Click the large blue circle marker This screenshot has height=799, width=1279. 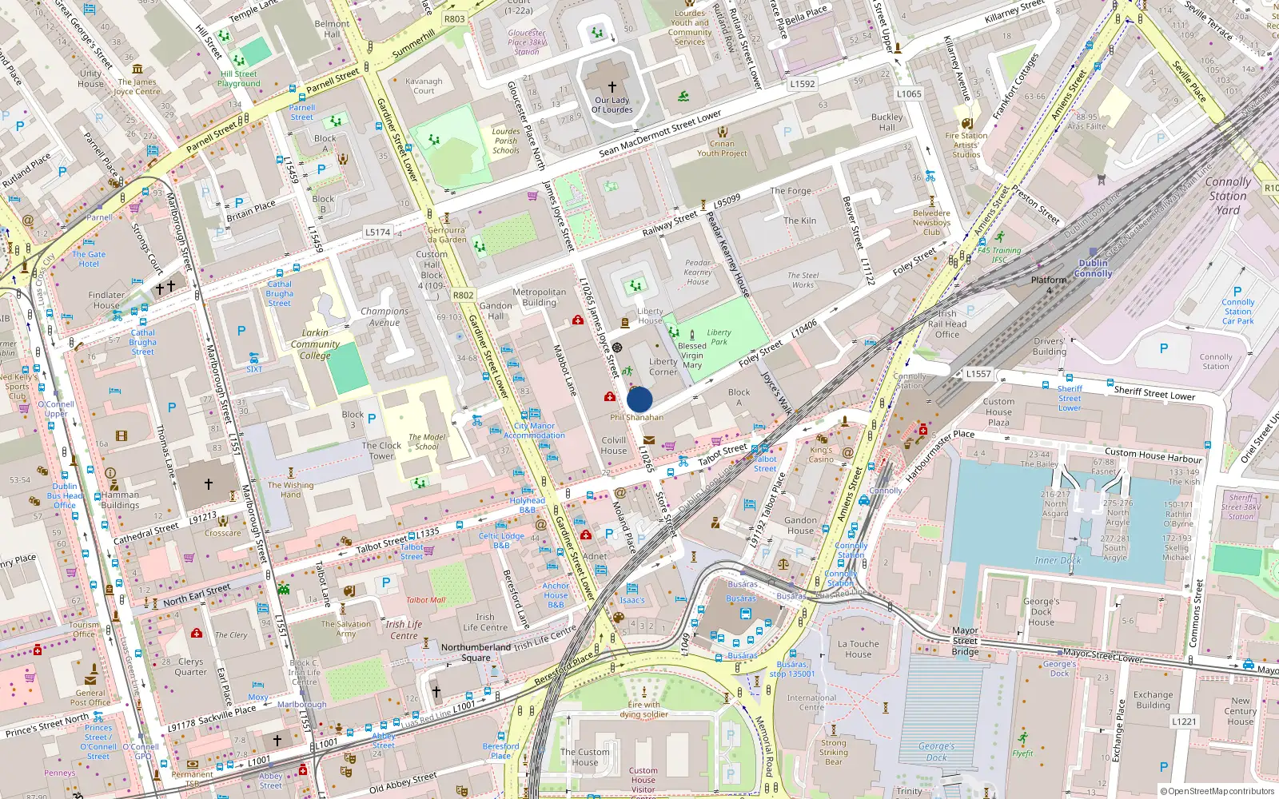pos(639,399)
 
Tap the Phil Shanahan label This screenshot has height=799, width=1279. pos(636,417)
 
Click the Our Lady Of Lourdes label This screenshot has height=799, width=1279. pos(612,105)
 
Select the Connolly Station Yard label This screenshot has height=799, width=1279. pos(1228,196)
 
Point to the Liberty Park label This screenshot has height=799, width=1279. pos(719,337)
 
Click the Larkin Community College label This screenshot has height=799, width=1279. pos(315,344)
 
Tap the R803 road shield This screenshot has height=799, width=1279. pos(454,19)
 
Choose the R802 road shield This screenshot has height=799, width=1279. pos(463,295)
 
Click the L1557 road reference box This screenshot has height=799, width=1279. pos(978,374)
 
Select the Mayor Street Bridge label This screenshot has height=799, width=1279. pos(965,641)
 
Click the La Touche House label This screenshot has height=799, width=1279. pos(859,649)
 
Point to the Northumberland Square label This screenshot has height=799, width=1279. pos(476,652)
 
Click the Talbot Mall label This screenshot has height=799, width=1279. pos(425,600)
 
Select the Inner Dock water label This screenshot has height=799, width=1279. pos(1058,560)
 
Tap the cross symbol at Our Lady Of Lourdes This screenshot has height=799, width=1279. pos(612,86)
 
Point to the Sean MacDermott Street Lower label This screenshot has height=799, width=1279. pos(660,133)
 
